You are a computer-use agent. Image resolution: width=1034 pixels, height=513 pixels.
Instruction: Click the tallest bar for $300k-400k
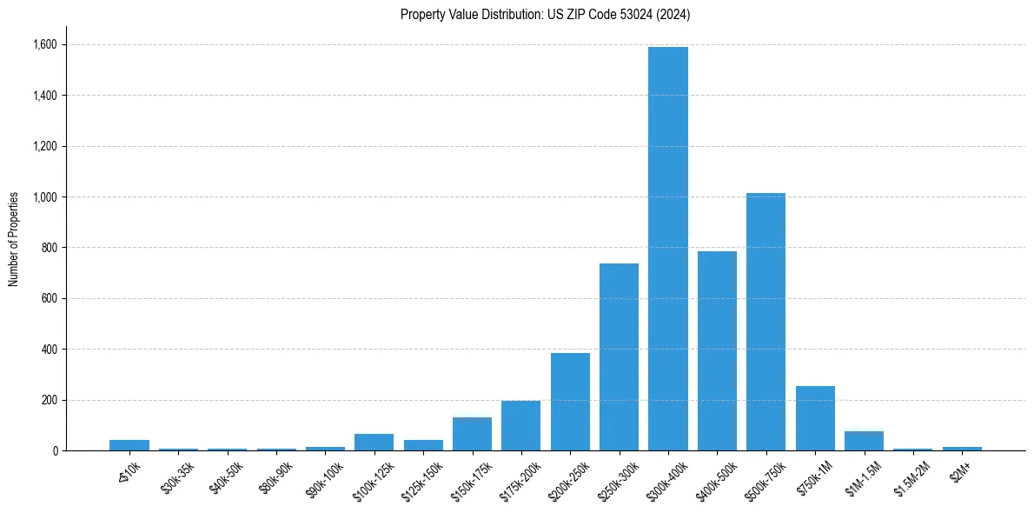point(667,249)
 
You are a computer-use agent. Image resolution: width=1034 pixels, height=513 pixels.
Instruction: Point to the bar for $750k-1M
point(815,418)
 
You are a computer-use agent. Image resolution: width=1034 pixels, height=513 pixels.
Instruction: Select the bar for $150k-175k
point(472,434)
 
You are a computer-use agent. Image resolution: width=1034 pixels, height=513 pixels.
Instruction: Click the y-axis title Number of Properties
point(14,239)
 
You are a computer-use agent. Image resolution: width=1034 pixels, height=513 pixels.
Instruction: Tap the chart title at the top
point(545,15)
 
